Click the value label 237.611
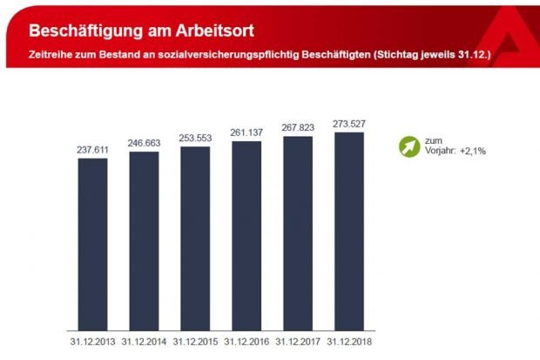click(x=92, y=150)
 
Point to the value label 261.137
click(x=246, y=132)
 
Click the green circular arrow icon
click(x=408, y=146)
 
